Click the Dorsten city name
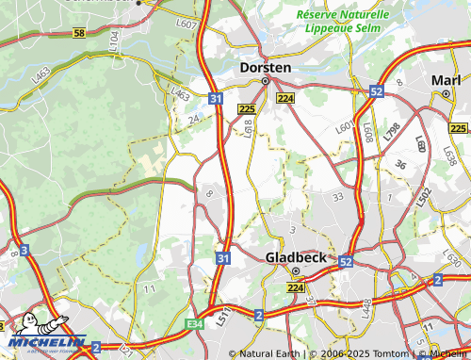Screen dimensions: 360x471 pyautogui.click(x=266, y=68)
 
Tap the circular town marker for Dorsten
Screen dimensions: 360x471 pyautogui.click(x=266, y=81)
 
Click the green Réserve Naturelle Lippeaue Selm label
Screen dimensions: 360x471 pyautogui.click(x=341, y=22)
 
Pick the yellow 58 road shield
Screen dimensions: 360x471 pyautogui.click(x=78, y=33)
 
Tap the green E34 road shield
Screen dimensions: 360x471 pyautogui.click(x=195, y=322)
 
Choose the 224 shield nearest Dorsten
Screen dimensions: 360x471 pyautogui.click(x=285, y=98)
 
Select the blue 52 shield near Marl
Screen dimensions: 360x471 pyautogui.click(x=377, y=91)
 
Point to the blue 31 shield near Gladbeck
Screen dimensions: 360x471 pyautogui.click(x=222, y=257)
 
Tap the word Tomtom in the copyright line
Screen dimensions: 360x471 pyautogui.click(x=389, y=353)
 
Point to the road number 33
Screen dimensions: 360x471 pyautogui.click(x=337, y=197)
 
